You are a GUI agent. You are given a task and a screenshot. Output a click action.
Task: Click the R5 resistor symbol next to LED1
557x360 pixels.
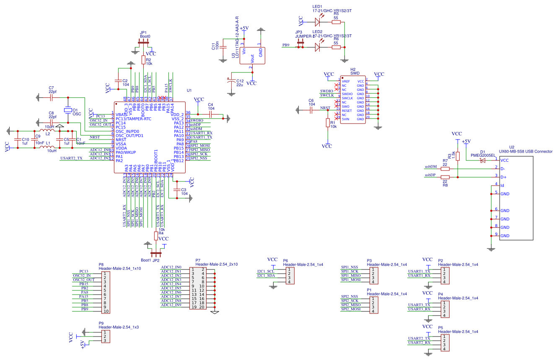click(336, 22)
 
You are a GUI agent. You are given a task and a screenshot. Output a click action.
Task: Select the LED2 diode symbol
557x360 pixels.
click(317, 47)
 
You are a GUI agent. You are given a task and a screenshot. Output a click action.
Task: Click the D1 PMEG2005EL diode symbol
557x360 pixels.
click(483, 160)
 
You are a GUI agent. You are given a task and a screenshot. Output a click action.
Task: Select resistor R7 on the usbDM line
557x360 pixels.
click(445, 168)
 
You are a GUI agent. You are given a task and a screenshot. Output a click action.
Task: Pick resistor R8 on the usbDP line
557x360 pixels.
click(445, 177)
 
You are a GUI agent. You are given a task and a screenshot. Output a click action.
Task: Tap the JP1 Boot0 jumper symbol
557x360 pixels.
click(143, 42)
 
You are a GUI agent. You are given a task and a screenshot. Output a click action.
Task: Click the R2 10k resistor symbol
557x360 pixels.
click(143, 60)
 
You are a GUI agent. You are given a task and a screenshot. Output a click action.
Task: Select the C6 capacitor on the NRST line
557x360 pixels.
click(311, 110)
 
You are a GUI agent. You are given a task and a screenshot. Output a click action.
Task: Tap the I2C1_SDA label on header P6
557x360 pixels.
click(266, 275)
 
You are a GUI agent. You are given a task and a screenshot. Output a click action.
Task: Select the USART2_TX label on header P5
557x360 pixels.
click(419, 338)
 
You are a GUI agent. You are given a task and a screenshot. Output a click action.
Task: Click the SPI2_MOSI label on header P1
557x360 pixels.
click(351, 309)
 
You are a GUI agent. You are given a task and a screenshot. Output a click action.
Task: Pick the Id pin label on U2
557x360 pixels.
click(503, 185)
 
